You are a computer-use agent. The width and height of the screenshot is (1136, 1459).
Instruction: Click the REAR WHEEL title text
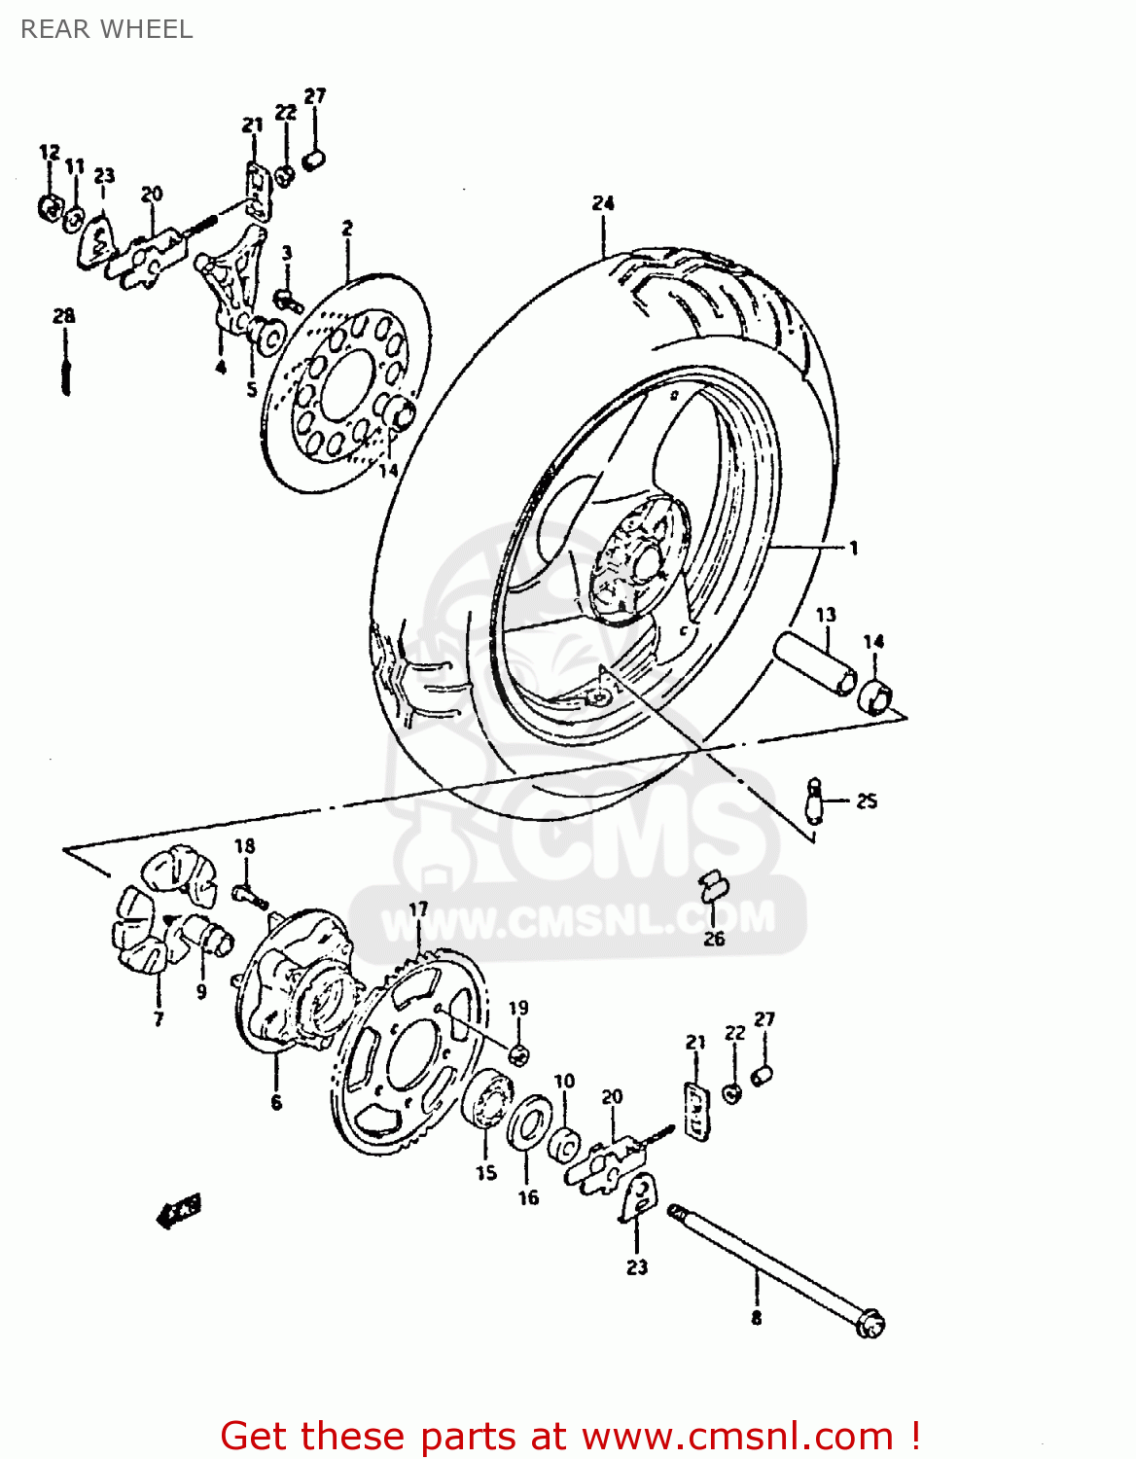106,29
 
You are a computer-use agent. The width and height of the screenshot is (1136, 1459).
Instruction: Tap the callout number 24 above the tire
603,203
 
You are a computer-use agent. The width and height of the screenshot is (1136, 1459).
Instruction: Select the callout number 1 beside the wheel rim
853,549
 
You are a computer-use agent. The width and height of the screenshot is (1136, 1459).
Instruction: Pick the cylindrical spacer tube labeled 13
815,663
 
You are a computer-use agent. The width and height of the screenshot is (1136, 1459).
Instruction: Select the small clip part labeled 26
713,884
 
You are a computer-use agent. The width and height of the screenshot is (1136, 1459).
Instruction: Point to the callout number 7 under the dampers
159,1018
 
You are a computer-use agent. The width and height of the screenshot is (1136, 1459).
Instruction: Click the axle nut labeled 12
49,206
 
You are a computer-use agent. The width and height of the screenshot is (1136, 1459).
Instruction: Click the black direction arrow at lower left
179,1212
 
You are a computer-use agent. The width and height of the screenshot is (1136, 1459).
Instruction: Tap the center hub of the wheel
637,562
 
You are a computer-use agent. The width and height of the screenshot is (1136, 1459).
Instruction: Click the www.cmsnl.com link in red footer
737,1436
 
